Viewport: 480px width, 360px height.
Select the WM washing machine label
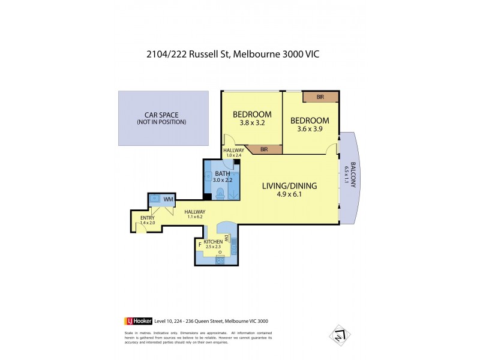tap(169, 199)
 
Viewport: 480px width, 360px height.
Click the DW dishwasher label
tap(228, 238)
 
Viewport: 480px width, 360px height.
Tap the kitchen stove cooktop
tap(220, 259)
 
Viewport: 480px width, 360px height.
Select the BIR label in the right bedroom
tap(320, 97)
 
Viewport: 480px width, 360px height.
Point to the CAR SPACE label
tap(161, 115)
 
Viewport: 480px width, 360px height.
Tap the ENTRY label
tap(147, 217)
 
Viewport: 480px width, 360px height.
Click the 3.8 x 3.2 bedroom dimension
tap(252, 122)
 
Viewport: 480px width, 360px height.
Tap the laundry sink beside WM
tap(155, 199)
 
